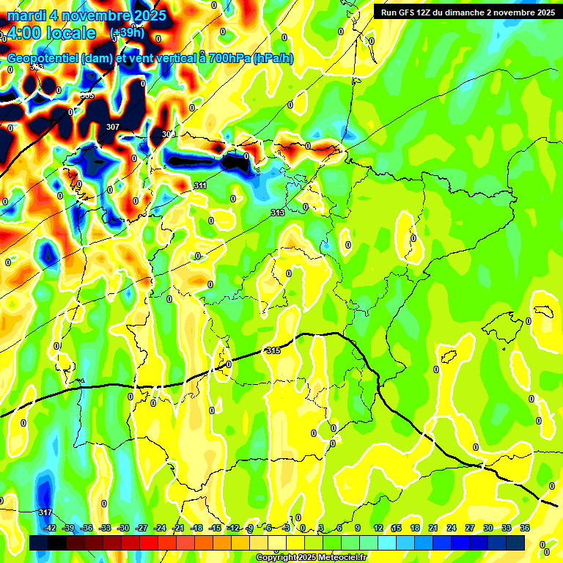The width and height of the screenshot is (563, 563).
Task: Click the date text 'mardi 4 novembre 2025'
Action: point(87,15)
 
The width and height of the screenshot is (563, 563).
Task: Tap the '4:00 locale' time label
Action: point(51,34)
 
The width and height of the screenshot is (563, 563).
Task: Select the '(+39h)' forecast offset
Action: point(128,34)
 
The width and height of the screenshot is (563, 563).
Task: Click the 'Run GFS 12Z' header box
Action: point(466,12)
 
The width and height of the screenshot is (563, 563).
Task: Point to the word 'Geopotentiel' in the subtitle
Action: point(43,58)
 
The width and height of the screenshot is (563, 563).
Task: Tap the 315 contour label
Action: point(274,351)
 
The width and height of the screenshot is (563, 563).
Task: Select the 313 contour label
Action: point(277,213)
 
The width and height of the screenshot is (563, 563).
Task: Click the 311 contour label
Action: point(200,186)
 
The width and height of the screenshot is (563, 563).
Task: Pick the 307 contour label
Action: point(112,127)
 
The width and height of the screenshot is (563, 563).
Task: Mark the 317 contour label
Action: point(45,512)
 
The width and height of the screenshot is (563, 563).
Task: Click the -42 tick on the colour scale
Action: point(51,528)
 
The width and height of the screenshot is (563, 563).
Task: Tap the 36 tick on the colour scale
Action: point(525,528)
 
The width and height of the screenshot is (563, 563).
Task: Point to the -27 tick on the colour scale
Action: point(141,528)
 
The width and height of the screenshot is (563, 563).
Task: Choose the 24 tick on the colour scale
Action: point(452,528)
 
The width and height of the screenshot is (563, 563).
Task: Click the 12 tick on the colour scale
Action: point(378,528)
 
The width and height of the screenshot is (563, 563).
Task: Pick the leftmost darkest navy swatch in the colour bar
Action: point(39,542)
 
